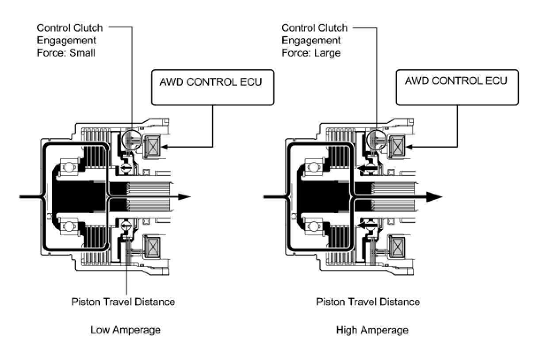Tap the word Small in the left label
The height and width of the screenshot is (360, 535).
pyautogui.click(x=82, y=53)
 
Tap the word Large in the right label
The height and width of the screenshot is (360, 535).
pyautogui.click(x=327, y=53)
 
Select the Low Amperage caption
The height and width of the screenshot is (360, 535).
pyautogui.click(x=126, y=330)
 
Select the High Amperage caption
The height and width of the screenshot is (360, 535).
pyautogui.click(x=372, y=330)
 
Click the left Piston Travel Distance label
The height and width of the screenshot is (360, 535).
pyautogui.click(x=123, y=302)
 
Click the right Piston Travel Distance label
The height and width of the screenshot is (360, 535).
pyautogui.click(x=368, y=302)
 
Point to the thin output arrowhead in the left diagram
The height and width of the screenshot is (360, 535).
pyautogui.click(x=184, y=197)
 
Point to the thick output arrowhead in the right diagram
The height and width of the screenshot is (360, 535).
pyautogui.click(x=435, y=197)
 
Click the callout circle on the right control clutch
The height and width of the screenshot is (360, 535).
pyautogui.click(x=367, y=140)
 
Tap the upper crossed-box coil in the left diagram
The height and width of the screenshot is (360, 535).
pyautogui.click(x=152, y=146)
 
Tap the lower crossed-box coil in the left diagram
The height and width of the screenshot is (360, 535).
pyautogui.click(x=152, y=246)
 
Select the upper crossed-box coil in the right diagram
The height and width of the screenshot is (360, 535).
pyautogui.click(x=397, y=146)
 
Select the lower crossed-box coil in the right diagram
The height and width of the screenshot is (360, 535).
pyautogui.click(x=397, y=246)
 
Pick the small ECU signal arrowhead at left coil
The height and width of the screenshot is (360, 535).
pyautogui.click(x=165, y=147)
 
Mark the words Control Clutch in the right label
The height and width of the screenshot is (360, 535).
pyautogui.click(x=314, y=28)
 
